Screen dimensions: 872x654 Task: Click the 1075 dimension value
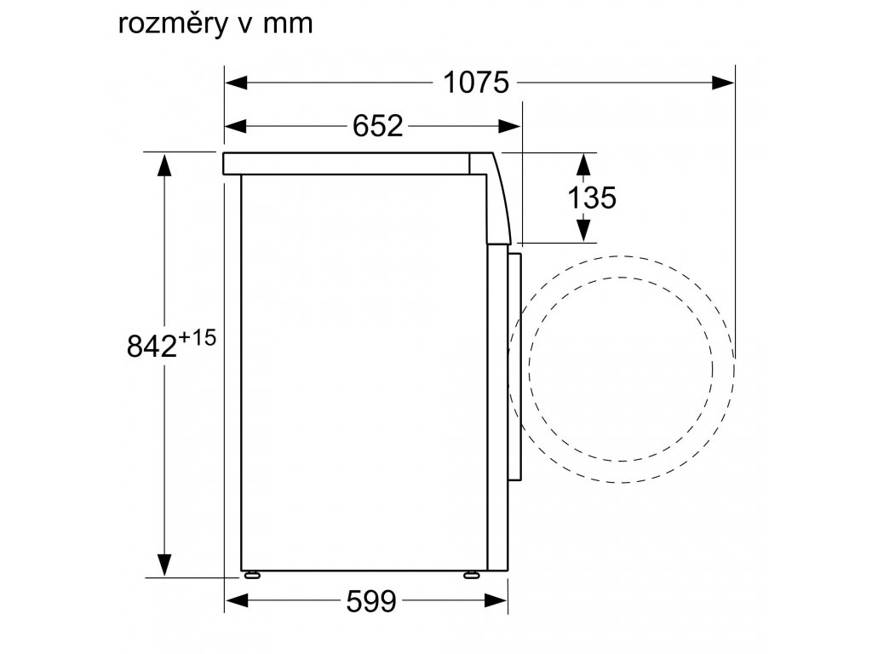pos(475,83)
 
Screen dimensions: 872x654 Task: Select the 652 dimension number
pos(376,126)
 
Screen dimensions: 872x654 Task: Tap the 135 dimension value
pos(591,198)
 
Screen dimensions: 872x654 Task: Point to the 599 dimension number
pos(371,603)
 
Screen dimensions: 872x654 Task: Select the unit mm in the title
pos(289,24)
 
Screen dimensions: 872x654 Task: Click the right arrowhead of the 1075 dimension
pos(724,83)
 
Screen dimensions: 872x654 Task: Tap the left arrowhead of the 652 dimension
pos(235,126)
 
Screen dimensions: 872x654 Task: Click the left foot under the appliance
pos(251,574)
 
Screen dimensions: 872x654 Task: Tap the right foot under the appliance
pos(470,574)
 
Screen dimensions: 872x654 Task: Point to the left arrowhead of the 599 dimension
pos(235,603)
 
